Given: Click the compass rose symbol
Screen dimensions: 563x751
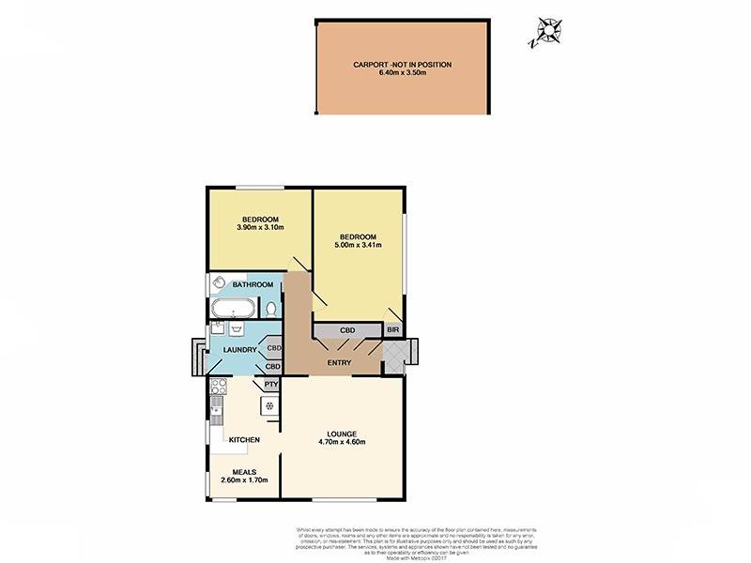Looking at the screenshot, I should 544,33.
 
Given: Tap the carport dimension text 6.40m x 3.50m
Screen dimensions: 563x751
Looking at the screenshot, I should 402,74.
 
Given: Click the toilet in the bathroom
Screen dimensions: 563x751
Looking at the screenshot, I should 271,309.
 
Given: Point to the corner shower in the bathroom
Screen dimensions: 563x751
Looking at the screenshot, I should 217,282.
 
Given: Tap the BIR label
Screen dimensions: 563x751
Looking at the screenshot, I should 391,330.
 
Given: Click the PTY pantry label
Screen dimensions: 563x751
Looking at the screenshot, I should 270,384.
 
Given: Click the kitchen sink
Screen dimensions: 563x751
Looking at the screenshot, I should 216,411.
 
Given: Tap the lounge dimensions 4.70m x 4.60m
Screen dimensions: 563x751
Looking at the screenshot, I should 341,443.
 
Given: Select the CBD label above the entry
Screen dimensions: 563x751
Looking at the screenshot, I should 346,330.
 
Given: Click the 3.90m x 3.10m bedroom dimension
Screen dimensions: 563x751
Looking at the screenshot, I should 259,227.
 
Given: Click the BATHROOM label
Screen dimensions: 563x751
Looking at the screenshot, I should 253,284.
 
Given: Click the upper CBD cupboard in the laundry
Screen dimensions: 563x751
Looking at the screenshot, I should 273,348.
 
